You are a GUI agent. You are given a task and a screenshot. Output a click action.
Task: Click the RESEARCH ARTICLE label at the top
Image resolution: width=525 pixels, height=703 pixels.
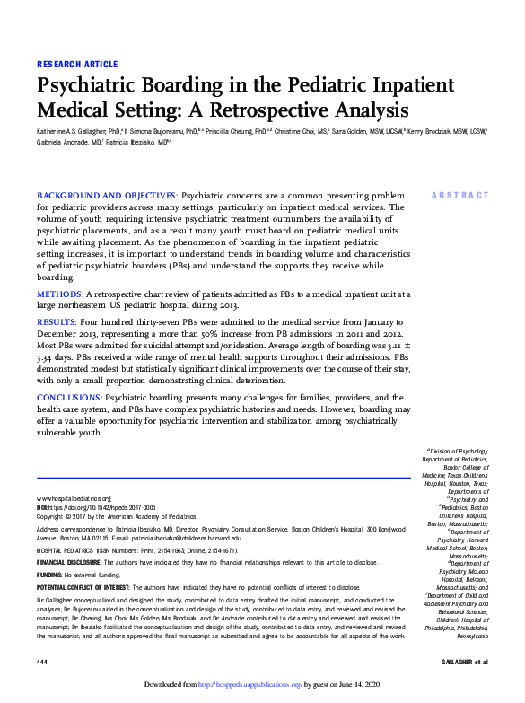76,64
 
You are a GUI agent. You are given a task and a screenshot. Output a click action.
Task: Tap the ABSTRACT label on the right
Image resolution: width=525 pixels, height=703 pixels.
460,195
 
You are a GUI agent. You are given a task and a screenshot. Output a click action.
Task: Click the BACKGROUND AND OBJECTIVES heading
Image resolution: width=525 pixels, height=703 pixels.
107,195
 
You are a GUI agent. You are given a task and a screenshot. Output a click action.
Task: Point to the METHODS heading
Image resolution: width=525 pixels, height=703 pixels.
59,294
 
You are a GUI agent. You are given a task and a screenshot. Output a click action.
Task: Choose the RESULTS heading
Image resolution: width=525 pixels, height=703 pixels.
57,321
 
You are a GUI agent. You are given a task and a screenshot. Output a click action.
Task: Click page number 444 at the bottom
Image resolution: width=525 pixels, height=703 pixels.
41,661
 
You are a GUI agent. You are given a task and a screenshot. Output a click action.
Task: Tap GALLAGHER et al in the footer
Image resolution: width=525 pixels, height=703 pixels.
468,661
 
